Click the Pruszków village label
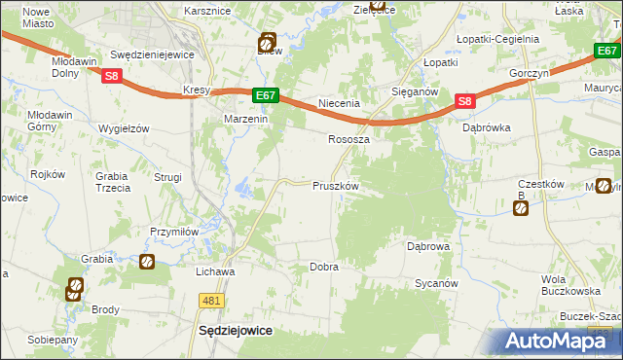[x=336, y=186]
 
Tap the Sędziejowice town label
[x=235, y=330]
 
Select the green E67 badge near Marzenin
[x=267, y=95]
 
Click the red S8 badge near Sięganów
[x=464, y=101]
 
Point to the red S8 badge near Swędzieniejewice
[x=112, y=76]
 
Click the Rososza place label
[x=348, y=139]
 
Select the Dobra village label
[x=323, y=267]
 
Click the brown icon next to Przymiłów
[x=146, y=261]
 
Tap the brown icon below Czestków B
[x=521, y=207]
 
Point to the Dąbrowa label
[x=428, y=247]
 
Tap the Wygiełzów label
[x=123, y=128]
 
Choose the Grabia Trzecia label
[x=113, y=182]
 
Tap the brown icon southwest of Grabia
[x=75, y=288]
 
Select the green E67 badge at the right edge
[x=607, y=51]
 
